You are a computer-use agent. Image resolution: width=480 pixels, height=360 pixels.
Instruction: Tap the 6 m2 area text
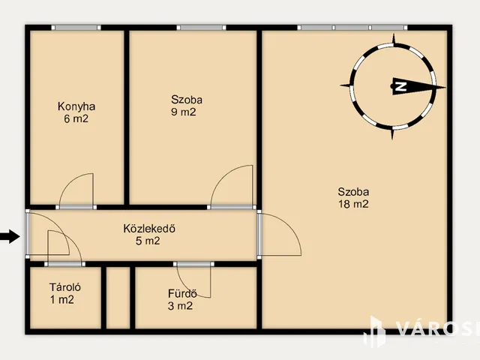tap(76, 118)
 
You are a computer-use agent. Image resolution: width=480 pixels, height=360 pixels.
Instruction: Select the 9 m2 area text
tap(183, 112)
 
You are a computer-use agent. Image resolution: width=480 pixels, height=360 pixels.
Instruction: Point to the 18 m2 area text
tap(353, 204)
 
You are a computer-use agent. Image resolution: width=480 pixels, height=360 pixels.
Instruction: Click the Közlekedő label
tap(149, 228)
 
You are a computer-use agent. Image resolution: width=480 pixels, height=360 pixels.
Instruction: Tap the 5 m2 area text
tap(148, 241)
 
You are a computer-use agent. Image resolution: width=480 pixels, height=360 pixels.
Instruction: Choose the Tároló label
tap(65, 287)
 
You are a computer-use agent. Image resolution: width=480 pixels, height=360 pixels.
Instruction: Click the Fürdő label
tap(182, 293)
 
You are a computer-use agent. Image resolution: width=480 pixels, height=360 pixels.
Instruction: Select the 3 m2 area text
tap(180, 306)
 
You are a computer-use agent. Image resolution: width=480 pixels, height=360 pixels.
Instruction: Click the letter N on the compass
tap(400, 86)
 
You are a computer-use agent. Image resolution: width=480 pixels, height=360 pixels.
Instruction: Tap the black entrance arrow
tap(10, 236)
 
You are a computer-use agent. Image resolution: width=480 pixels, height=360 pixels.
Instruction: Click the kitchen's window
tap(76, 28)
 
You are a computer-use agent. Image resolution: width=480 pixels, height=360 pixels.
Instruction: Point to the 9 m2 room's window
tap(201, 28)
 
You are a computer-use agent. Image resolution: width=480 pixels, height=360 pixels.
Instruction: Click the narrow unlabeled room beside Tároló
tap(118, 298)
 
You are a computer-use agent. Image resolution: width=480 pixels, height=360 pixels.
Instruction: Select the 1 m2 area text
tap(62, 299)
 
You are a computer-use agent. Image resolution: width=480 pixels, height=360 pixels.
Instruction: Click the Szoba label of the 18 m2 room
tap(353, 192)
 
